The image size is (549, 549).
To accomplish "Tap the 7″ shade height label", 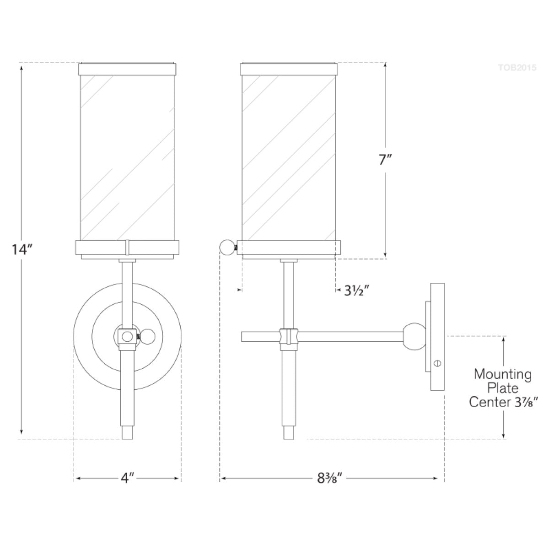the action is pos(386,160).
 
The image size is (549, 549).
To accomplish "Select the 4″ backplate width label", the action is pos(127,478).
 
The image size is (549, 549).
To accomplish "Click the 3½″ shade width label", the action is pos(357,291).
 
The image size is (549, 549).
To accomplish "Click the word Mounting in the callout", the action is pos(502,374).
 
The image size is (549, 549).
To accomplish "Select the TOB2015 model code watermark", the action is pos(517,68).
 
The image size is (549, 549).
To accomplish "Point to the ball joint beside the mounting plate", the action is pos(414,336).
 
